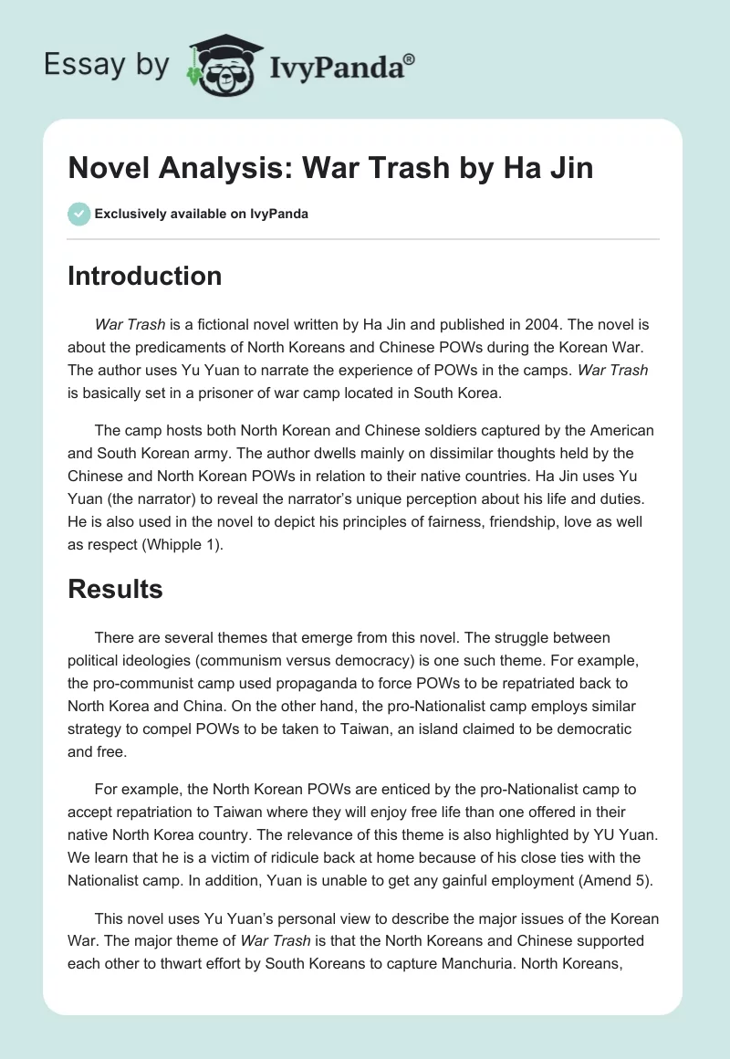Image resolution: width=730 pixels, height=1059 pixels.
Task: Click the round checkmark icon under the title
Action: point(78,214)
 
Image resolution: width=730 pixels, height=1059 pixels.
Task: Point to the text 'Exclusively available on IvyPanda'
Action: point(202,214)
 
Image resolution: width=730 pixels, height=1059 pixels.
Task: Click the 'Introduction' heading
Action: point(144,276)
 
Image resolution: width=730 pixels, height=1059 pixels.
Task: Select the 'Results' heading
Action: point(115,589)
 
